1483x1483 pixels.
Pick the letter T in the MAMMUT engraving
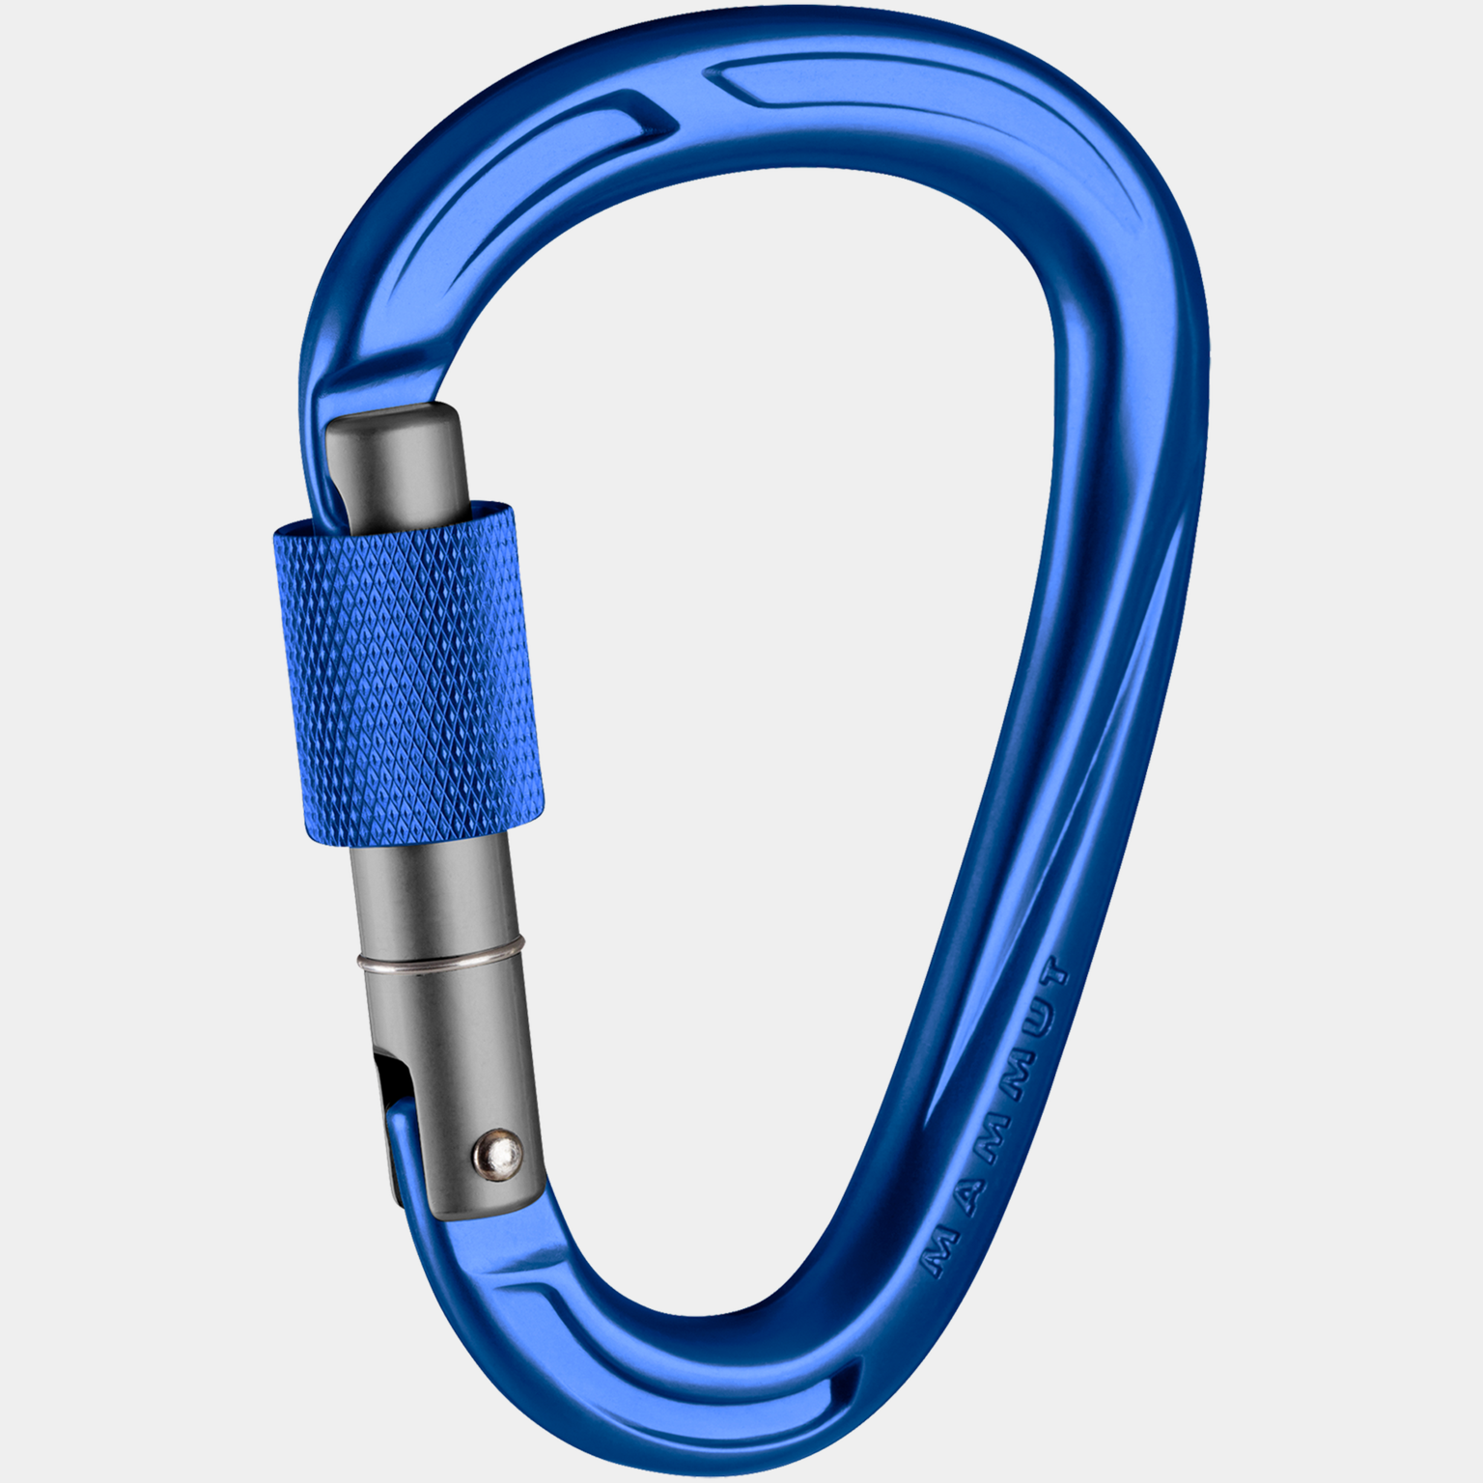pyautogui.click(x=1054, y=973)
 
